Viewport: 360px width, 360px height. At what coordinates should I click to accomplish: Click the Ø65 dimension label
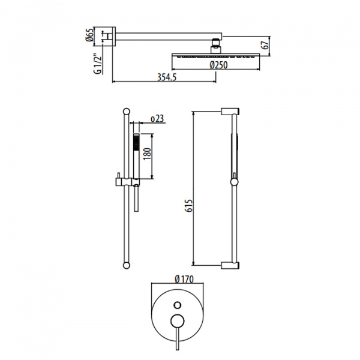(x=90, y=34)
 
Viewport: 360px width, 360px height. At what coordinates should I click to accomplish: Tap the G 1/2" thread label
(x=98, y=64)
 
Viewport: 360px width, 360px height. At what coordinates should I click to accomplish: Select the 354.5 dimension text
(x=167, y=77)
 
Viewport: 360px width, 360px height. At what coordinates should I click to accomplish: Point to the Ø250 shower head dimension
(x=218, y=65)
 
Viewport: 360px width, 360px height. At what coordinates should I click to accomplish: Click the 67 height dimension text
(x=266, y=45)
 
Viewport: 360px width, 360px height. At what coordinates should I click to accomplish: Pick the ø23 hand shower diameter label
(x=157, y=119)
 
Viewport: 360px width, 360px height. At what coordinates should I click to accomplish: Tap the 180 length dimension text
(x=147, y=154)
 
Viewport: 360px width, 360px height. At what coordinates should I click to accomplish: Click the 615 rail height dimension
(x=189, y=206)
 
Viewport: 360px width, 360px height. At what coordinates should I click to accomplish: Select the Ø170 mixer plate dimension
(x=184, y=279)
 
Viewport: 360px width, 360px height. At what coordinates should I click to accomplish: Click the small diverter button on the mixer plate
(x=178, y=305)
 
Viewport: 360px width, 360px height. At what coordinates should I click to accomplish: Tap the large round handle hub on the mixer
(x=177, y=320)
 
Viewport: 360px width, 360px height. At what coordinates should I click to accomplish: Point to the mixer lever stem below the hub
(x=177, y=338)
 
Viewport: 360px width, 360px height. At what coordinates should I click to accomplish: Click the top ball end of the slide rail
(x=127, y=111)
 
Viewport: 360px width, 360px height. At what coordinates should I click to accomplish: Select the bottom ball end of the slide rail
(x=127, y=265)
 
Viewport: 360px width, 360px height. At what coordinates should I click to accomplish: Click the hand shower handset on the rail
(x=136, y=155)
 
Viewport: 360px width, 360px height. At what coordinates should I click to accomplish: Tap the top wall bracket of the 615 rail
(x=230, y=112)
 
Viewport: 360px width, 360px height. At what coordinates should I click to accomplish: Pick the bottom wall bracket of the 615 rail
(x=230, y=265)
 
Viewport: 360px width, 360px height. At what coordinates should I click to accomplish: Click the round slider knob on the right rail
(x=234, y=182)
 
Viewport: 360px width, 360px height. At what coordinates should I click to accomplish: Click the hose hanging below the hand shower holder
(x=136, y=199)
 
